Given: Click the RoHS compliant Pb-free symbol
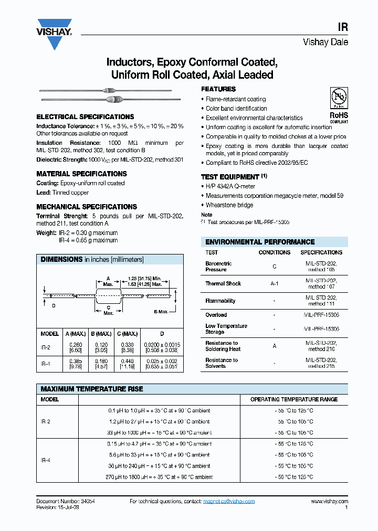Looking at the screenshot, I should (x=338, y=99).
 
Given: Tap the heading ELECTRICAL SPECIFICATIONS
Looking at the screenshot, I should (x=85, y=117).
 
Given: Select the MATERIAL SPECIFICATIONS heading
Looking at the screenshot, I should (x=81, y=174).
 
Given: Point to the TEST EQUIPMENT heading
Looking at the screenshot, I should (x=230, y=177).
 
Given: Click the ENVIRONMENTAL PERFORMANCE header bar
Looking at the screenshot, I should (x=274, y=242).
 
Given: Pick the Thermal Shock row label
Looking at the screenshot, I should (x=223, y=284).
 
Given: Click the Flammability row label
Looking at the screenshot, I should (x=220, y=301).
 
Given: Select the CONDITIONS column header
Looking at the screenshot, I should (x=275, y=252).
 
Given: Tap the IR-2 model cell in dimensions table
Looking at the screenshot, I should (x=46, y=347).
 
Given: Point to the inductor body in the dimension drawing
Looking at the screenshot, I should (x=108, y=296).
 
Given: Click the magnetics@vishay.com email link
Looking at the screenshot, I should (x=229, y=502).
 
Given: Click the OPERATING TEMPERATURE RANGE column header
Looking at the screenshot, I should (x=294, y=399).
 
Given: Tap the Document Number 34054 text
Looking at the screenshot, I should (x=65, y=502).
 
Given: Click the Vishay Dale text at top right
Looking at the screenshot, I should (x=325, y=43).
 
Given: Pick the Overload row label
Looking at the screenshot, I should (x=216, y=315).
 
